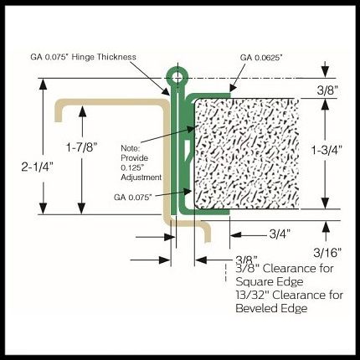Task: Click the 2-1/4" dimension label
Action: click(x=38, y=167)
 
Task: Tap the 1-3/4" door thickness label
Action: click(x=327, y=151)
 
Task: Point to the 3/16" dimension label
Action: click(x=327, y=253)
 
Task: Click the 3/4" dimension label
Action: click(x=280, y=234)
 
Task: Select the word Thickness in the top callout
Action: click(x=116, y=57)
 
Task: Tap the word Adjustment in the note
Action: click(x=141, y=177)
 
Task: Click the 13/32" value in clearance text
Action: click(x=252, y=295)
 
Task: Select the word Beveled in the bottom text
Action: click(x=252, y=308)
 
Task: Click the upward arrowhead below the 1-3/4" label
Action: click(x=326, y=203)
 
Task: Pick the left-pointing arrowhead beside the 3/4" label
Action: click(x=235, y=234)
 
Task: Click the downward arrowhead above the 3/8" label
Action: click(x=326, y=72)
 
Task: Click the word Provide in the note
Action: click(x=134, y=158)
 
